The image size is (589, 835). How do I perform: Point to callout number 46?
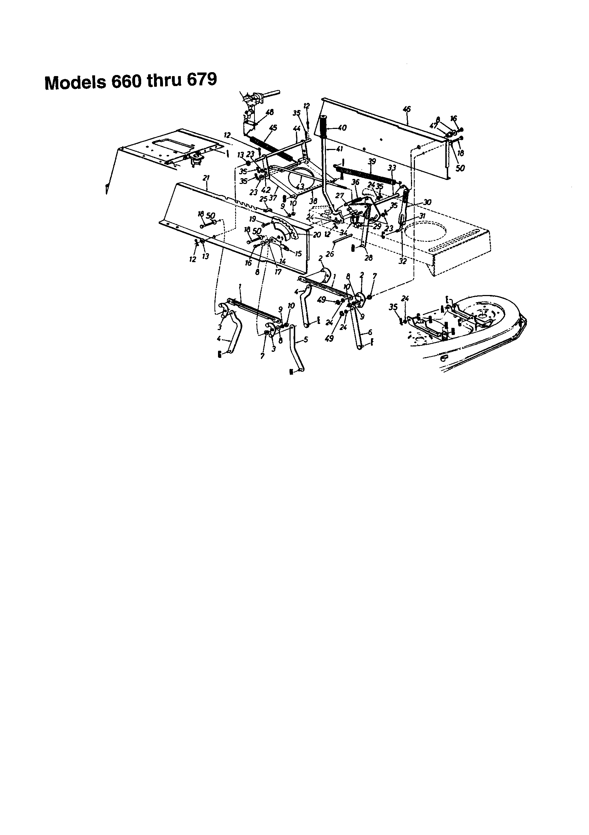pyautogui.click(x=407, y=109)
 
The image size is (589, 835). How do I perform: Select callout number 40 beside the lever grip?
pyautogui.click(x=342, y=128)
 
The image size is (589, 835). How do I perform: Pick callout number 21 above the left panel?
pyautogui.click(x=206, y=178)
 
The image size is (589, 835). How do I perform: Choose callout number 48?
pyautogui.click(x=270, y=112)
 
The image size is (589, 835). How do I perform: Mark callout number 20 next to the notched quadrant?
pyautogui.click(x=317, y=235)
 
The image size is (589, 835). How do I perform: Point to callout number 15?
pyautogui.click(x=298, y=254)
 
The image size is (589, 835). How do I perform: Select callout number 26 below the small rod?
pyautogui.click(x=330, y=254)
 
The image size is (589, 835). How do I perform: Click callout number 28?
pyautogui.click(x=368, y=258)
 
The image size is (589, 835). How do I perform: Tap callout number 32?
pyautogui.click(x=402, y=261)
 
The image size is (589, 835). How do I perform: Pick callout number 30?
pyautogui.click(x=427, y=202)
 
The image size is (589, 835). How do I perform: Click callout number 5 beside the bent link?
pyautogui.click(x=306, y=340)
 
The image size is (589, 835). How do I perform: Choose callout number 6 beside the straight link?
pyautogui.click(x=370, y=332)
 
